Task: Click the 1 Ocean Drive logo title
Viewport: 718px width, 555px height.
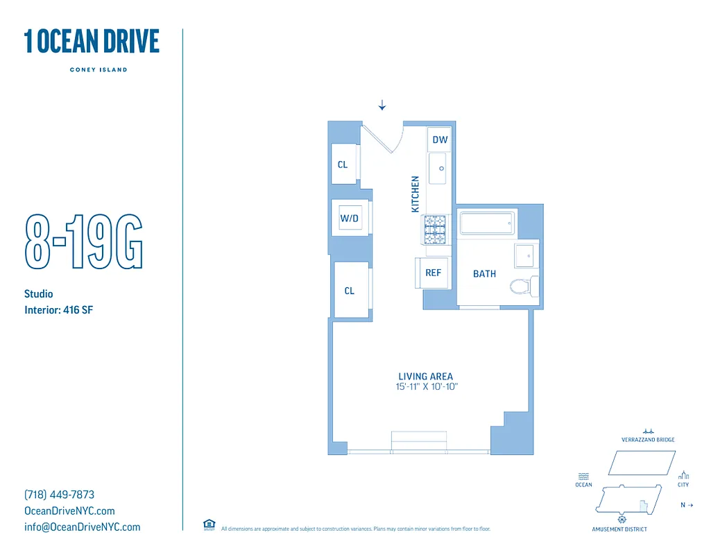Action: pyautogui.click(x=92, y=42)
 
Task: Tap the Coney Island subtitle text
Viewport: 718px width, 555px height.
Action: pyautogui.click(x=98, y=69)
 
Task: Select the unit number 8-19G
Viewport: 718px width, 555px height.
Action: pyautogui.click(x=83, y=242)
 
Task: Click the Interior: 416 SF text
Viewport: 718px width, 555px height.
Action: pyautogui.click(x=58, y=310)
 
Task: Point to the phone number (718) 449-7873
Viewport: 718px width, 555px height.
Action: pyautogui.click(x=59, y=495)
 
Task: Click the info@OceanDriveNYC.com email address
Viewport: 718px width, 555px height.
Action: pyautogui.click(x=82, y=527)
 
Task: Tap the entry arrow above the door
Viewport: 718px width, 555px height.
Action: pyautogui.click(x=382, y=105)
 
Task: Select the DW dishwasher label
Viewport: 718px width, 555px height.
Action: pyautogui.click(x=440, y=139)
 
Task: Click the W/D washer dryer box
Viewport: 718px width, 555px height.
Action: pyautogui.click(x=349, y=219)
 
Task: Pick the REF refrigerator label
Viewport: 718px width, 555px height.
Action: pyautogui.click(x=433, y=273)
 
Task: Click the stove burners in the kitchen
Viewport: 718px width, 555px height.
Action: pyautogui.click(x=435, y=230)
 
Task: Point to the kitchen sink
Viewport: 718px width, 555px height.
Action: pyautogui.click(x=438, y=169)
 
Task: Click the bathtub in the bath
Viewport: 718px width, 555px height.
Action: pyautogui.click(x=488, y=223)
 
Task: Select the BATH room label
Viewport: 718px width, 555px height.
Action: pyautogui.click(x=484, y=274)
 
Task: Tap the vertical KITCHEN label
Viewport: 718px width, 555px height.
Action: pyautogui.click(x=416, y=194)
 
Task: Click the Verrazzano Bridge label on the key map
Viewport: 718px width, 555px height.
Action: pyautogui.click(x=648, y=440)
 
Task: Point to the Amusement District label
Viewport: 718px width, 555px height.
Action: pyautogui.click(x=619, y=529)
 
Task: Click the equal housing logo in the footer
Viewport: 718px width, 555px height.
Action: pyautogui.click(x=209, y=524)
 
